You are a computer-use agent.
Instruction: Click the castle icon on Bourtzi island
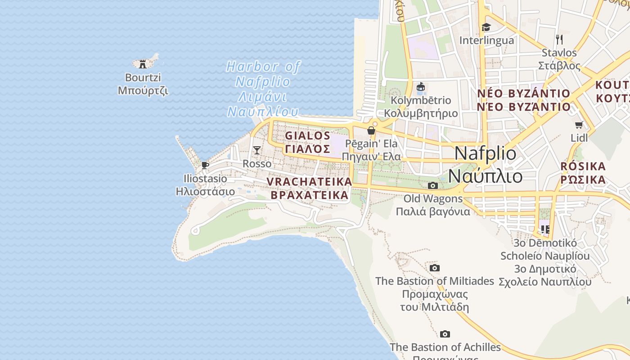pos(143,63)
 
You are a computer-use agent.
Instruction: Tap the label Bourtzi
pos(143,77)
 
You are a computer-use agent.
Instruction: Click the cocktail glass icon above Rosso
pos(257,150)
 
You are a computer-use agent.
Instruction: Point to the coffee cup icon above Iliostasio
pos(205,165)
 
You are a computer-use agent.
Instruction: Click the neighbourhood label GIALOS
pos(308,135)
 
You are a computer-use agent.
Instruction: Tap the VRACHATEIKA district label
pos(309,181)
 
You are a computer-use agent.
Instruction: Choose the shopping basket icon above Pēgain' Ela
pos(371,130)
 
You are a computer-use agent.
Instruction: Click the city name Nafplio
pos(486,153)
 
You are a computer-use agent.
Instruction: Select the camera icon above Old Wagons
pos(432,185)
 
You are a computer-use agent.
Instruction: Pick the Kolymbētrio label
pos(421,100)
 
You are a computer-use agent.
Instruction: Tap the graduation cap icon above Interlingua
pos(486,27)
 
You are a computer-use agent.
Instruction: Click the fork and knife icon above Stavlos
pos(559,39)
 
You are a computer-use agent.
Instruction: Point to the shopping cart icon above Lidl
pos(579,125)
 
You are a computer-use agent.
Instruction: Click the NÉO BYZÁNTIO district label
pos(523,94)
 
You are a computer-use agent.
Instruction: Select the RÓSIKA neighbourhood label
pos(583,166)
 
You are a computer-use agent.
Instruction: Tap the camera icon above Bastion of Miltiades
pos(434,268)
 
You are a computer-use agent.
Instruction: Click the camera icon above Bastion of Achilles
pos(445,334)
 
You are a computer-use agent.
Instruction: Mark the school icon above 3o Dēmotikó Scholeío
pos(545,229)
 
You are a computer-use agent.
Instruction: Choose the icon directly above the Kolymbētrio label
pos(421,86)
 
